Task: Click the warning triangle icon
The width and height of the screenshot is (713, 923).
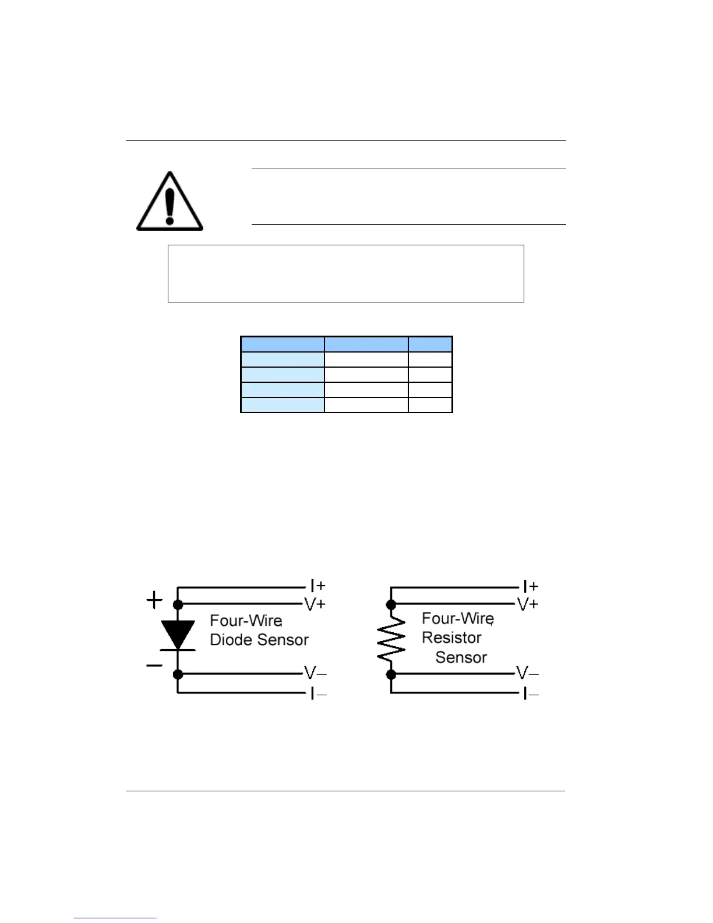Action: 170,202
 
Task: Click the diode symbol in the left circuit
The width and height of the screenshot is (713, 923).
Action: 178,635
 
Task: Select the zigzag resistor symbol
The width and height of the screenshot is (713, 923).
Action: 391,639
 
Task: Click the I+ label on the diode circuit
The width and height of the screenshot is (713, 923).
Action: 317,585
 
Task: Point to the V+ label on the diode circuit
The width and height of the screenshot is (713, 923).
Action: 315,604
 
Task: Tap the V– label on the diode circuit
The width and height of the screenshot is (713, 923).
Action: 315,673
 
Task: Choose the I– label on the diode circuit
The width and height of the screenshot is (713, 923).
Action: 317,693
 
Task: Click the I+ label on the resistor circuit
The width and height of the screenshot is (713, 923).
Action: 530,585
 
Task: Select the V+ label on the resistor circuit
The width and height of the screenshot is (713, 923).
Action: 528,604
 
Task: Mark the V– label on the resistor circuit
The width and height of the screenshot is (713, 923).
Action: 528,673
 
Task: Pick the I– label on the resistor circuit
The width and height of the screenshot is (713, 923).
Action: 530,693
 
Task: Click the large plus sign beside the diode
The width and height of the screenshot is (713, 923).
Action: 154,600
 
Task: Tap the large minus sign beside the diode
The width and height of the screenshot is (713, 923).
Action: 154,665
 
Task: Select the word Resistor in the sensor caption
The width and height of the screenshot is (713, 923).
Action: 451,637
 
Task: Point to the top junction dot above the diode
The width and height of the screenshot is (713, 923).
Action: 178,605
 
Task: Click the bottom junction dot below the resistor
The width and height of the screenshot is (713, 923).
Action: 391,674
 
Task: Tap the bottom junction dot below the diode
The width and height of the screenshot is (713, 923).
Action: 178,674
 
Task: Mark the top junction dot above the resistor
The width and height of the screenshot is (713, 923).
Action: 391,605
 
